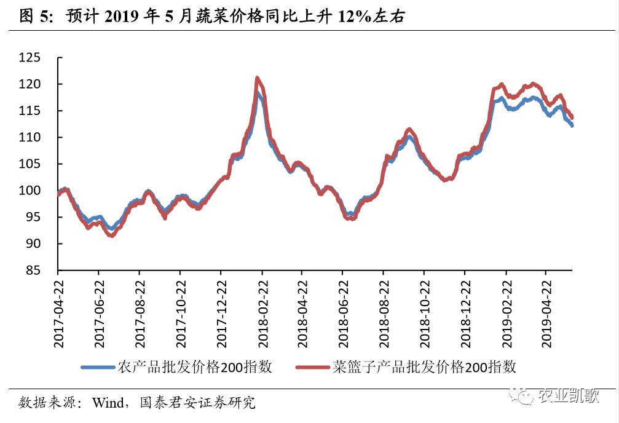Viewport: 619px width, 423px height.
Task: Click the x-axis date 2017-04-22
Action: pyautogui.click(x=59, y=310)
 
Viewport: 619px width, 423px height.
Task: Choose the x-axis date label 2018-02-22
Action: pyautogui.click(x=262, y=310)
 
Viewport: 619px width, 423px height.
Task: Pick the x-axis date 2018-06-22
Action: pyautogui.click(x=343, y=310)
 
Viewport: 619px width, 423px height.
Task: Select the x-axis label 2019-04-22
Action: pyautogui.click(x=546, y=310)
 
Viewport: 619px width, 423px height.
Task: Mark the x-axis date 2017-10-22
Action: pyautogui.click(x=181, y=310)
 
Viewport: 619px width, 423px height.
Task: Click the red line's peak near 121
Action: pyautogui.click(x=257, y=78)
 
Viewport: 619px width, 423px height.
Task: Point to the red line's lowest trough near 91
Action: pyautogui.click(x=111, y=235)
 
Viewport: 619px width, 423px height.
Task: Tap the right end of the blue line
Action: pyautogui.click(x=572, y=125)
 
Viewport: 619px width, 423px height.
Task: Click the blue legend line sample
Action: pyautogui.click(x=98, y=368)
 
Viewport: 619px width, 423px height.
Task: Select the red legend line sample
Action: pyautogui.click(x=312, y=368)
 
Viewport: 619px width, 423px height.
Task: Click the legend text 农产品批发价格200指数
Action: pyautogui.click(x=194, y=368)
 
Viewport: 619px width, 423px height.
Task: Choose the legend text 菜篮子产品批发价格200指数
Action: pyautogui.click(x=424, y=368)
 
